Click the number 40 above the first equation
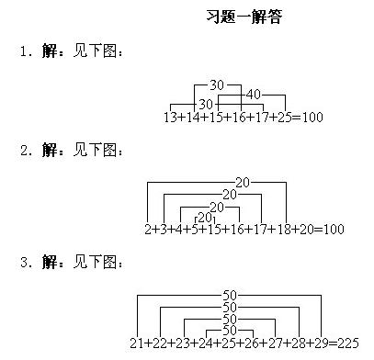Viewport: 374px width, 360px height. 254,95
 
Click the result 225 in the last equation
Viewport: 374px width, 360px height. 346,343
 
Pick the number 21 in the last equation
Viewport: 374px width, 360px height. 137,343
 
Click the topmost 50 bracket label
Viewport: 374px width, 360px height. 230,296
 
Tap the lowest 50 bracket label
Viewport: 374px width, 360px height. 230,330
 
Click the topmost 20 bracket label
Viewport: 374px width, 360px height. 243,182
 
